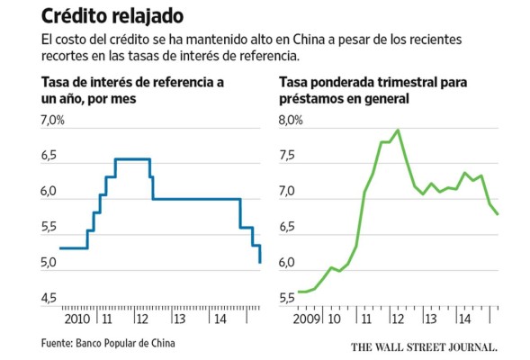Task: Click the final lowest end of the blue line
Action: (260, 262)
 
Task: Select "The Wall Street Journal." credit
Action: (424, 345)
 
